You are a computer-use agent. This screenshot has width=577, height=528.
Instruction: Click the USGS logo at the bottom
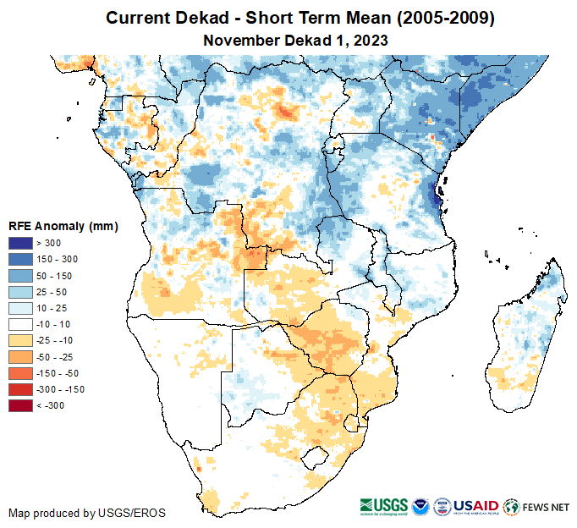(382, 507)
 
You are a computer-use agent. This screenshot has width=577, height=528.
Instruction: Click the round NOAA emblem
(420, 507)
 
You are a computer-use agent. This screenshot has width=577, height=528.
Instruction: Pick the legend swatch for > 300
(21, 244)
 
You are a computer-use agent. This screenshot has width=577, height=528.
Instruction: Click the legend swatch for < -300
(21, 406)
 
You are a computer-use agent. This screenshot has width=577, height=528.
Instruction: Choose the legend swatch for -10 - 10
(21, 324)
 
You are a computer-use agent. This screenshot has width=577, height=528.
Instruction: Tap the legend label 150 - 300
(54, 260)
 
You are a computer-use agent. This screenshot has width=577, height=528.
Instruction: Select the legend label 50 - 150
(52, 276)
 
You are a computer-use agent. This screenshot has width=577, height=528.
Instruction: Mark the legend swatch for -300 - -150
(21, 389)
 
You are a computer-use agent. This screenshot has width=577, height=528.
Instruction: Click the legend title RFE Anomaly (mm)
(63, 226)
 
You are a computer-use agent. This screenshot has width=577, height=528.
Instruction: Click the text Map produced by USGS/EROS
(87, 513)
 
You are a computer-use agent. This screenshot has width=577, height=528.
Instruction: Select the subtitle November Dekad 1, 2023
(288, 40)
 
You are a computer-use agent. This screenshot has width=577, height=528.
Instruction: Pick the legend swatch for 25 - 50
(21, 292)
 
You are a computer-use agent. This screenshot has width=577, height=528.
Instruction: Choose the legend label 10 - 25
(49, 308)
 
